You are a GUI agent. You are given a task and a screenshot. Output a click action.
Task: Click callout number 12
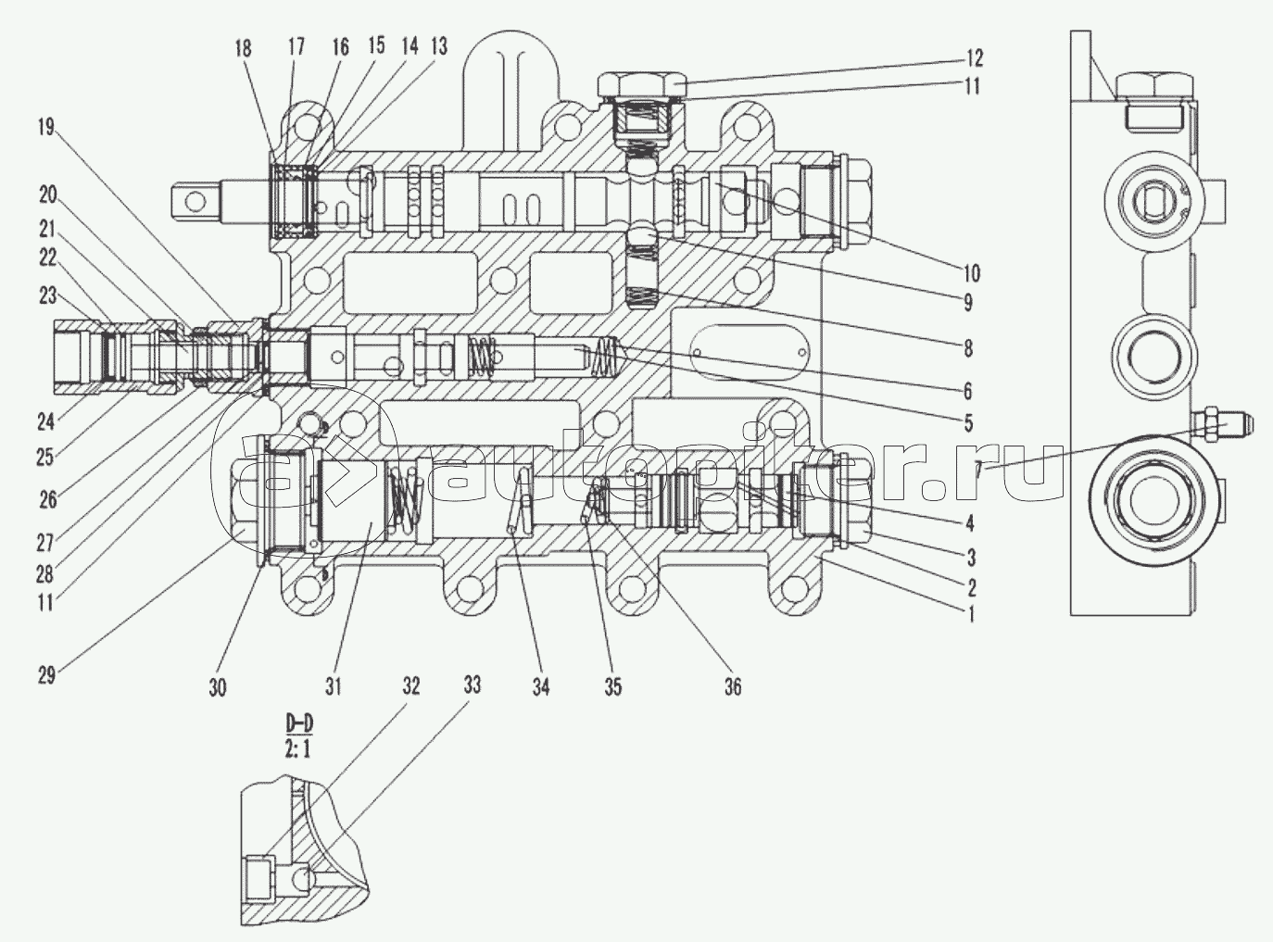coord(972,58)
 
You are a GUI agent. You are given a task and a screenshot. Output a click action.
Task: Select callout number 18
coord(243,48)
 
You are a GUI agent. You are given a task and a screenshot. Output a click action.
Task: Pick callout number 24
coord(46,421)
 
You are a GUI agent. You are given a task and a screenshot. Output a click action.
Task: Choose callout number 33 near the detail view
coord(473,686)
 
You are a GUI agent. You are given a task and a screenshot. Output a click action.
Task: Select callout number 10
coord(970,273)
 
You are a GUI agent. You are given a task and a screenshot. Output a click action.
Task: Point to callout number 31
coord(334,686)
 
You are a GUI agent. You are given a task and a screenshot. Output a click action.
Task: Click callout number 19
coord(46,128)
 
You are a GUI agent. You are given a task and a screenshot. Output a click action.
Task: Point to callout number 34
coord(541,686)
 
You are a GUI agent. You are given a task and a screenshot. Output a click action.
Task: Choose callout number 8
coord(969,349)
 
